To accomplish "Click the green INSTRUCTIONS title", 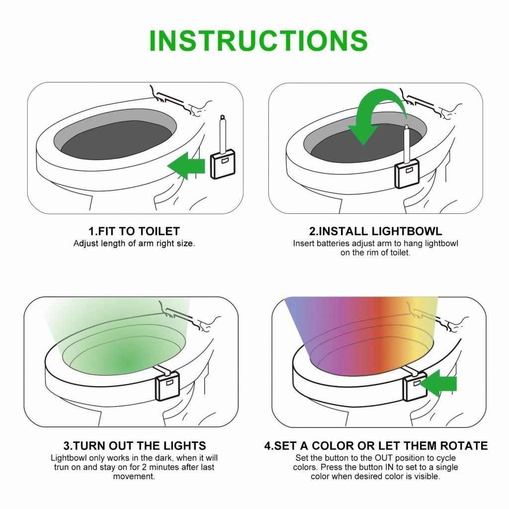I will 258,41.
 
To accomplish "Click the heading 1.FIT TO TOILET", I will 134,231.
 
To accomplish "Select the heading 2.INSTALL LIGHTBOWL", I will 375,231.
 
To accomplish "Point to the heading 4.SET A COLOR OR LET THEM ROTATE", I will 375,445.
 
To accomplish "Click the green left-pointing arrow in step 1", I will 186,166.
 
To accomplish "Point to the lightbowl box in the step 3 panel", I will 168,388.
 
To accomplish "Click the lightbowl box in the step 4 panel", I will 414,388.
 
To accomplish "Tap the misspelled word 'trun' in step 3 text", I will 63,467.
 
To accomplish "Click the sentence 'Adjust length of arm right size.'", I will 134,244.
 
